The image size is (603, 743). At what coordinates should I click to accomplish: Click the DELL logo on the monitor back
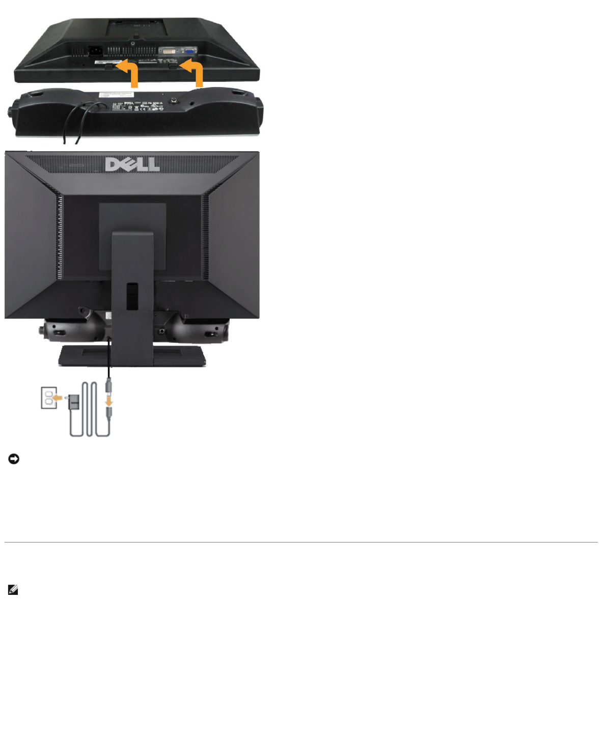132,164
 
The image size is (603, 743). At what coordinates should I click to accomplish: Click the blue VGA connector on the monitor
189,51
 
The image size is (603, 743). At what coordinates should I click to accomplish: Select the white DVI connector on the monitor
169,51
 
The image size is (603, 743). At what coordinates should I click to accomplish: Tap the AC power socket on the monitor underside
95,50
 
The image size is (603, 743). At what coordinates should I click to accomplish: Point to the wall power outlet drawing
48,398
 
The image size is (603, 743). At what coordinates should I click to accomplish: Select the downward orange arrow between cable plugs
108,401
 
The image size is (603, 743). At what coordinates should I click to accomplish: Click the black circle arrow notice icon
14,459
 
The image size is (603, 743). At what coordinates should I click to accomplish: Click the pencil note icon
13,590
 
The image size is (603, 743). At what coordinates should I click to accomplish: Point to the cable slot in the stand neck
132,297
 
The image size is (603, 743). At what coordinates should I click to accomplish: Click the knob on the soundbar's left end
10,112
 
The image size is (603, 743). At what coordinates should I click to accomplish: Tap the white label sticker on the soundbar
116,95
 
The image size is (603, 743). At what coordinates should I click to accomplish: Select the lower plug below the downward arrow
108,412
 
